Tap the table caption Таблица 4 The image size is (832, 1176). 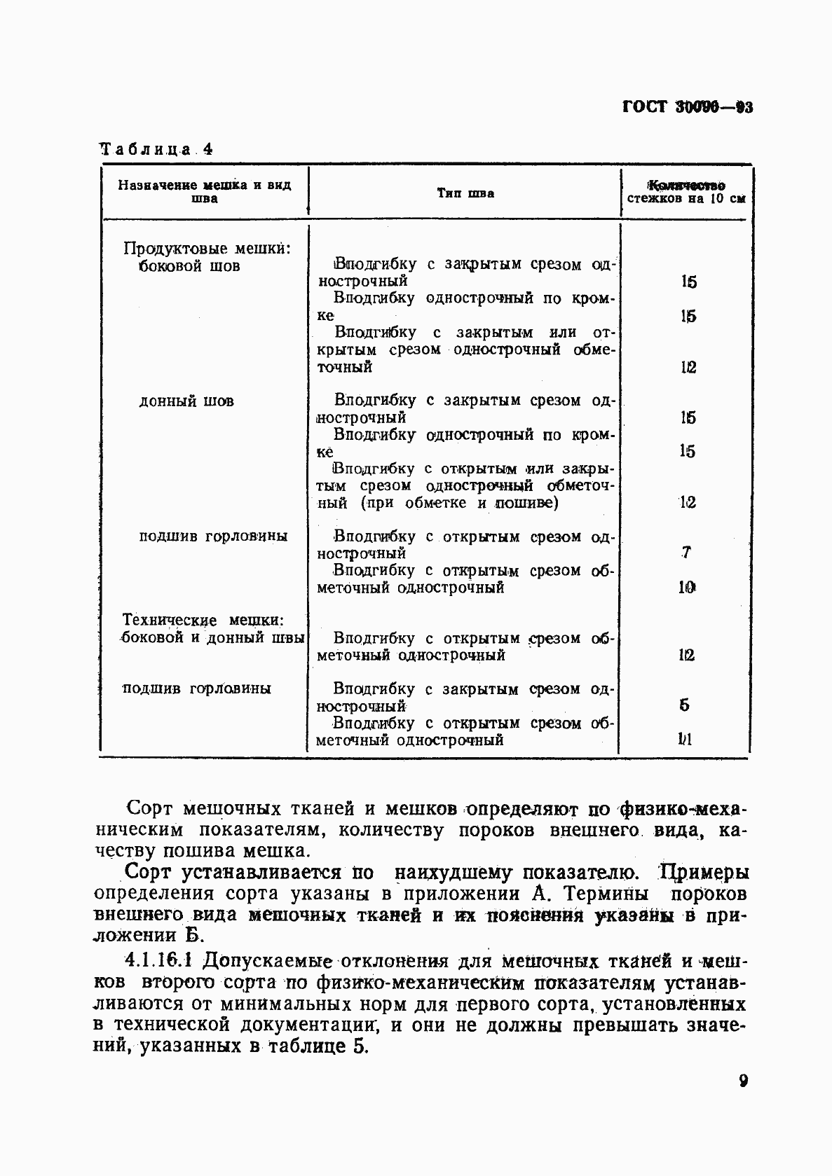(x=156, y=149)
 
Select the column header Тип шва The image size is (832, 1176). (x=465, y=193)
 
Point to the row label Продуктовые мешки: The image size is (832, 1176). (x=207, y=249)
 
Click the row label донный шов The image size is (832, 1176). (x=186, y=401)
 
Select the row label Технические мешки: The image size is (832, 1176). (x=203, y=620)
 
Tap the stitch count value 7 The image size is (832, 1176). (x=686, y=553)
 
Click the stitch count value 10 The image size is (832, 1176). (x=686, y=587)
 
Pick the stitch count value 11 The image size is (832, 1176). (x=686, y=740)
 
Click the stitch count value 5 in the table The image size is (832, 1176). (x=685, y=705)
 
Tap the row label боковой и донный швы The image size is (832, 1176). (x=213, y=638)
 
